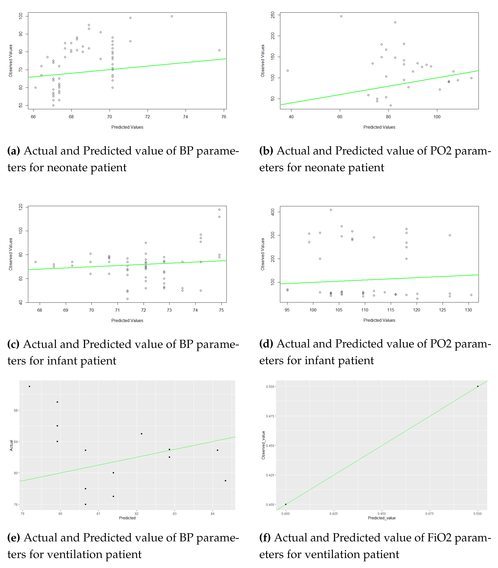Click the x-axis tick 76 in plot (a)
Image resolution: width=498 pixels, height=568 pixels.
click(224, 117)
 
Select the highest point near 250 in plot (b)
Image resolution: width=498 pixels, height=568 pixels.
click(341, 16)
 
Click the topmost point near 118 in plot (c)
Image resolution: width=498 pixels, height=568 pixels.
click(219, 210)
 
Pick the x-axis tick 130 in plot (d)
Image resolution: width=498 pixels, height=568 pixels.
click(468, 310)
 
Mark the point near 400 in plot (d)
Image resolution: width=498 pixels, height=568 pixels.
click(331, 210)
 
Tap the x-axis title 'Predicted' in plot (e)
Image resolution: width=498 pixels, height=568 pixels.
click(127, 518)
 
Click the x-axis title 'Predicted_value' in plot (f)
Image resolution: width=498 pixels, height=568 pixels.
click(382, 518)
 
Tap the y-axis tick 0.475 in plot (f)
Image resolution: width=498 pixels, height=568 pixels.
click(270, 416)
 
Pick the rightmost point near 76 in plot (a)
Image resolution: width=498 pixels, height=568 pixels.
click(219, 50)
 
